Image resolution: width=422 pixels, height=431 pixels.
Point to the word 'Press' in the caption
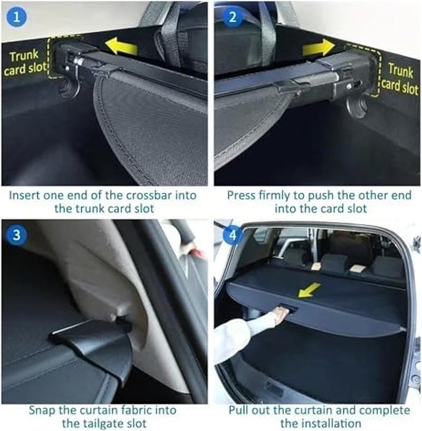[242, 195]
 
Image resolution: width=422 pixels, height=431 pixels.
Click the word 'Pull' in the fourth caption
[239, 410]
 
